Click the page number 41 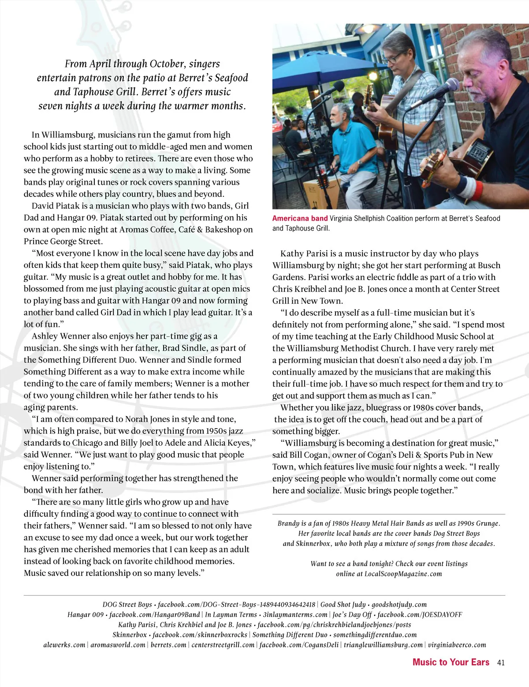pyautogui.click(x=500, y=662)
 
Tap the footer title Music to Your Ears pyautogui.click(x=451, y=662)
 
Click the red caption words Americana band pyautogui.click(x=300, y=218)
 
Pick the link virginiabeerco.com pyautogui.click(x=457, y=645)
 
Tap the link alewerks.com pyautogui.click(x=64, y=645)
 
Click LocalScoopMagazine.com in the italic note pyautogui.click(x=403, y=574)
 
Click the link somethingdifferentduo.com pyautogui.click(x=375, y=635)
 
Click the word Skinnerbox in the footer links pyautogui.click(x=130, y=635)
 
